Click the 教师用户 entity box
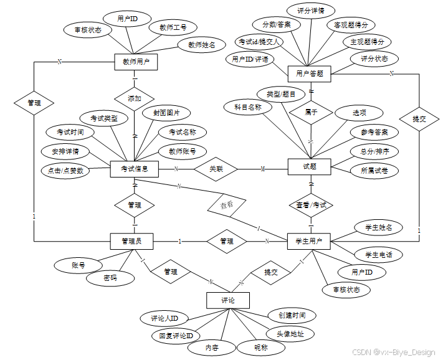coord(136,62)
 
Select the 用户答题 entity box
coord(309,73)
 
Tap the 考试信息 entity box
coord(135,168)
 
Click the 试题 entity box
coord(310,166)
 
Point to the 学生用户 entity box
coord(309,241)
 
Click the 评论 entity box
coord(227,300)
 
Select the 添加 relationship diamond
coord(135,98)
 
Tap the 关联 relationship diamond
coord(216,168)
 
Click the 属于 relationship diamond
coord(310,113)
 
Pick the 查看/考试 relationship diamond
coord(310,204)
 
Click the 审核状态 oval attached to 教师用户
coord(88,29)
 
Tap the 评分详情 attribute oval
coord(310,11)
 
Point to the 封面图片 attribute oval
coord(166,113)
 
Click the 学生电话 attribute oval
coord(378,254)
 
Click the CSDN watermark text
coord(394,352)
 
